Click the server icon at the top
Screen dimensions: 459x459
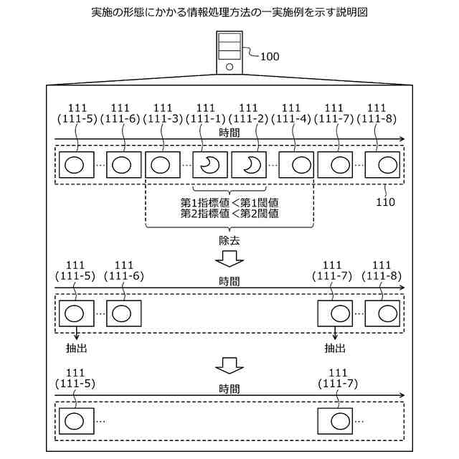click(229, 52)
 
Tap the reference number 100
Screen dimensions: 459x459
click(270, 56)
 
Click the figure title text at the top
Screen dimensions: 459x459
click(229, 14)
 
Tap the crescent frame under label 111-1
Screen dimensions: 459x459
click(209, 165)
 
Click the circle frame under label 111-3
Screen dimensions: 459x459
click(163, 165)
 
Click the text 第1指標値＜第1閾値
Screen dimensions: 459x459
click(229, 202)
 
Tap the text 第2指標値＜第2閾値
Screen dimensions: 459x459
click(229, 213)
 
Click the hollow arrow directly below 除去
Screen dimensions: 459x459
click(229, 258)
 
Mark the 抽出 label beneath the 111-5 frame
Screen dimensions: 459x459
click(75, 348)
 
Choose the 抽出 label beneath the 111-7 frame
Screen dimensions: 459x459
click(334, 348)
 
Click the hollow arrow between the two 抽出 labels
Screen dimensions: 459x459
click(229, 365)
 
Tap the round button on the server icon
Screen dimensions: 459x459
click(229, 67)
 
